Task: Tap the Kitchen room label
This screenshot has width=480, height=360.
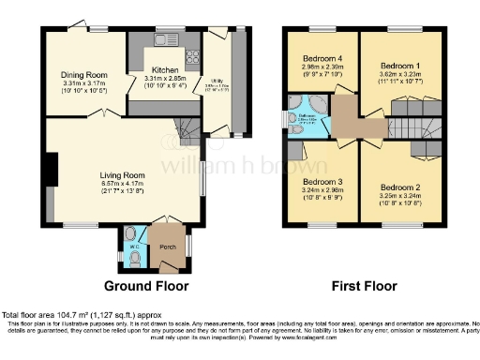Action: [x=166, y=70]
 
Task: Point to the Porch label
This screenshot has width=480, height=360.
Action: [x=168, y=247]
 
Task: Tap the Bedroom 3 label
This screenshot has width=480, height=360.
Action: [x=322, y=180]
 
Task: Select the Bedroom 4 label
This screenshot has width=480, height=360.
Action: [x=322, y=58]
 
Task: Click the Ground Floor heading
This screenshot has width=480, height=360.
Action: [x=145, y=286]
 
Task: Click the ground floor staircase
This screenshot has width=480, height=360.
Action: [x=189, y=127]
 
